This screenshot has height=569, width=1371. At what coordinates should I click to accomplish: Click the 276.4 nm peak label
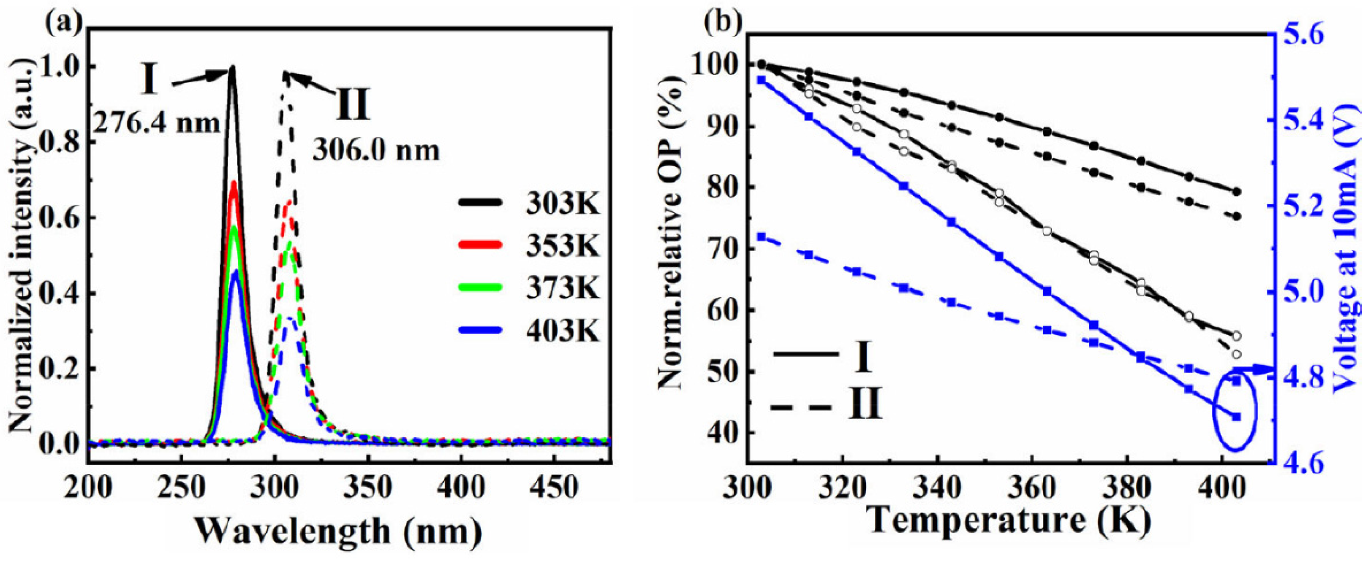tap(155, 123)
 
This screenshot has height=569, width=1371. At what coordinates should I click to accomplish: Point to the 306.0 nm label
tap(376, 151)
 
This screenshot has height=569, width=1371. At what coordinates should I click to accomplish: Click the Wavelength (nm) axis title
tap(337, 532)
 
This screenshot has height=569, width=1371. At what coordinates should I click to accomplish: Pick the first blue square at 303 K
tap(761, 80)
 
